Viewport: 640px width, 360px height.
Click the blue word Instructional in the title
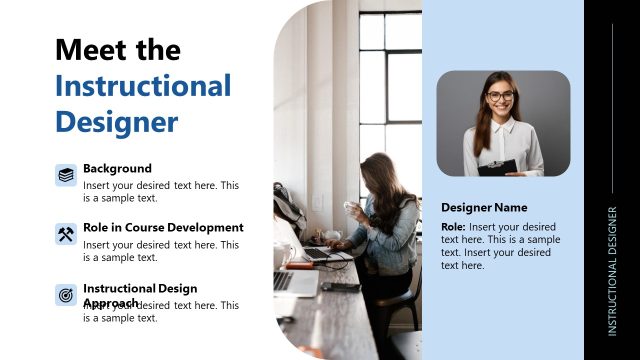click(x=143, y=85)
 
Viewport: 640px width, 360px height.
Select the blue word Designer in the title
click(x=116, y=121)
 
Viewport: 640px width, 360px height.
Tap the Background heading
click(x=117, y=168)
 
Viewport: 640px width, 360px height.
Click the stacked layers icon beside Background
click(x=66, y=175)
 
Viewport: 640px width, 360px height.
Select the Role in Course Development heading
click(x=163, y=227)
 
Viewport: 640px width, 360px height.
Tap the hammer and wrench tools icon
click(x=66, y=235)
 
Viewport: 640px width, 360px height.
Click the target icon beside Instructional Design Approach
click(x=66, y=295)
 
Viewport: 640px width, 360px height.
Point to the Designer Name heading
click(x=484, y=207)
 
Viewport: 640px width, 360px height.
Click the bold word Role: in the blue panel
click(x=454, y=227)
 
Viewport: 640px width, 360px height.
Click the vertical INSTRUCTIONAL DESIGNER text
click(x=612, y=270)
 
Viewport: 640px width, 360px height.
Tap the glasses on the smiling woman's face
click(x=501, y=96)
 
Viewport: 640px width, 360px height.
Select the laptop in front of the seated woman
click(x=319, y=253)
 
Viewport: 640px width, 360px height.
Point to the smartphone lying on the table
click(x=340, y=287)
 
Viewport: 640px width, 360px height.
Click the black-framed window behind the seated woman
click(x=390, y=80)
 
